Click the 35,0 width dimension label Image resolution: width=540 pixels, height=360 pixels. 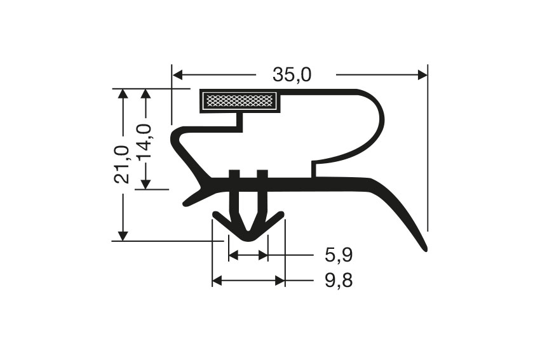pos(292,75)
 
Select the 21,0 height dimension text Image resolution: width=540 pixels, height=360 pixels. pos(122,164)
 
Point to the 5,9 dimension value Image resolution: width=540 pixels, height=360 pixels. pos(339,256)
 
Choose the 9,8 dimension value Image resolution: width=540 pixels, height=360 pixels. pos(339,280)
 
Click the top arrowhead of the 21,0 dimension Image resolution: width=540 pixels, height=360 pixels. pos(123,94)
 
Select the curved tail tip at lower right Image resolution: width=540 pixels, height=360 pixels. pos(424,248)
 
